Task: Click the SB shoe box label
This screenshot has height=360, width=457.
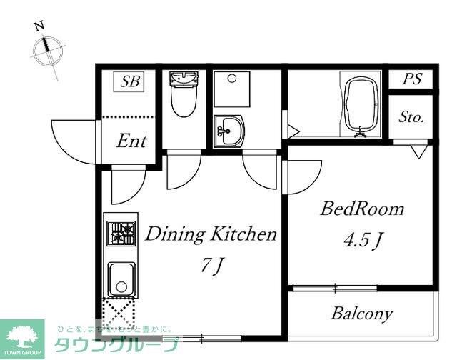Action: (x=130, y=81)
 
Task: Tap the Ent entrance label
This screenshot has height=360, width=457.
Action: (x=131, y=141)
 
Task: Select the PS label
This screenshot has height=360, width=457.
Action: (x=412, y=79)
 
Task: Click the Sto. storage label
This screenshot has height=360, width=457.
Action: (x=411, y=117)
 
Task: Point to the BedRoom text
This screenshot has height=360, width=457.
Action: (x=362, y=209)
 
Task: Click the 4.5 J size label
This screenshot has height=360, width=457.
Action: (x=363, y=240)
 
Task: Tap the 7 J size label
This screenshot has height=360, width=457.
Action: (x=212, y=266)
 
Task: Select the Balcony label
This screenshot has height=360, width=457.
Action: (x=362, y=314)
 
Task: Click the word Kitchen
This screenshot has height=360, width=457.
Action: (x=243, y=234)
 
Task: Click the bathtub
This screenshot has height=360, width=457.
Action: (x=361, y=104)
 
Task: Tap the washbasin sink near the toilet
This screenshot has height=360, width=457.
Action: (x=229, y=131)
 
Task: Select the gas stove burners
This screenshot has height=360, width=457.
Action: (x=121, y=233)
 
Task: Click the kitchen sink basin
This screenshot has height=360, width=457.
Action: (x=121, y=279)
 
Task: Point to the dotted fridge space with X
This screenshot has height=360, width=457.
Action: (x=119, y=314)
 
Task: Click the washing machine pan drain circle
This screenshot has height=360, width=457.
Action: (x=232, y=78)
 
